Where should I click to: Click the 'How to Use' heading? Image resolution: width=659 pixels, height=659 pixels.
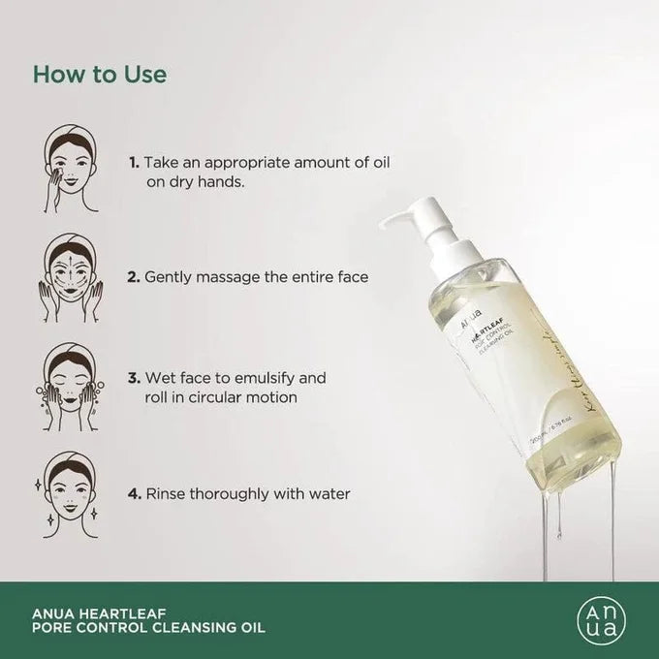click(100, 74)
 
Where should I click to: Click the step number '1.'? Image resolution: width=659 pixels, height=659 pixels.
click(134, 161)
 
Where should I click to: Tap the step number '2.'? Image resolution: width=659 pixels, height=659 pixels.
click(134, 276)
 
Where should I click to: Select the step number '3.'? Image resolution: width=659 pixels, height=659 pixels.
click(134, 377)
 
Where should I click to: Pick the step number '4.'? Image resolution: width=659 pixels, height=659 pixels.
click(134, 493)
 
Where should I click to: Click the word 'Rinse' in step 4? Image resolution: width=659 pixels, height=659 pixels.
click(166, 493)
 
